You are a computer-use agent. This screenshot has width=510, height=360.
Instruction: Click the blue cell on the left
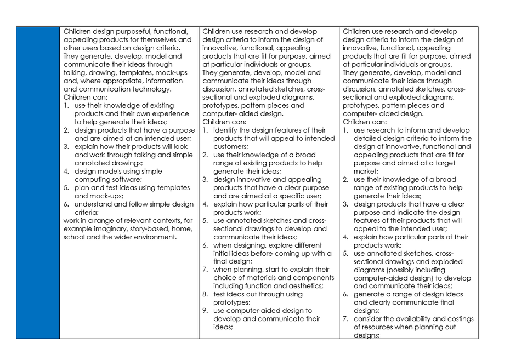(x=37, y=182)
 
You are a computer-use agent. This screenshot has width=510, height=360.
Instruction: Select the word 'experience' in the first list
(x=171, y=113)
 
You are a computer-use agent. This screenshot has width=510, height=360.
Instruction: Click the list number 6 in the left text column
(x=66, y=204)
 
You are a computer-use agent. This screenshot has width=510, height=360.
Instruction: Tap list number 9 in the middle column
(x=205, y=310)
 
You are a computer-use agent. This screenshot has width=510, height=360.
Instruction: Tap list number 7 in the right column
(x=345, y=318)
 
